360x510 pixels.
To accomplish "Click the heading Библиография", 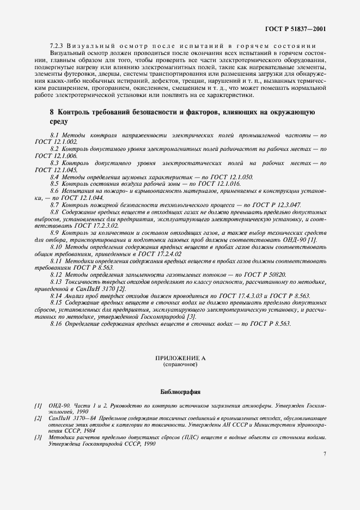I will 180,391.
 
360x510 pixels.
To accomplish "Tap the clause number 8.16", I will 57,324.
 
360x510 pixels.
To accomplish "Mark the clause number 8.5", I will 55,185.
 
